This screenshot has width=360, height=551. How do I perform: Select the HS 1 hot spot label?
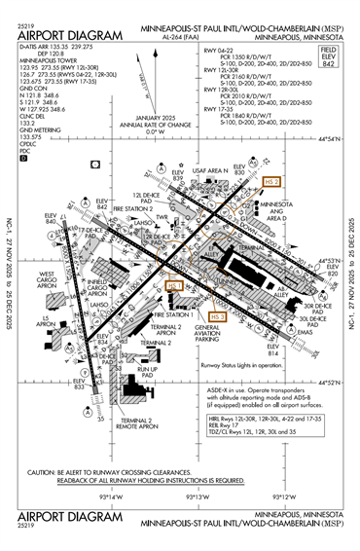(175, 285)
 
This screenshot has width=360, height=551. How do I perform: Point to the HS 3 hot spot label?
(217, 316)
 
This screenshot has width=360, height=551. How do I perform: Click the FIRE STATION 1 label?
(171, 315)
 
